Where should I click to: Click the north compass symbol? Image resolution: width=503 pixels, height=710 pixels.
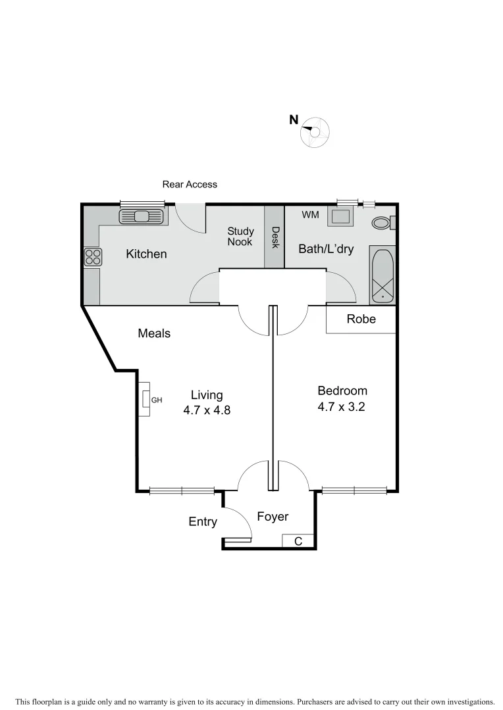coord(315,132)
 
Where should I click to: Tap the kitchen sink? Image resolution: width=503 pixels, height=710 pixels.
coord(141,216)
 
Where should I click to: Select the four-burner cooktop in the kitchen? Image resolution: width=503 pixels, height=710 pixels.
coord(93,256)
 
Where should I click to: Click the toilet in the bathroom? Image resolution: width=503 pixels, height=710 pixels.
coord(381,223)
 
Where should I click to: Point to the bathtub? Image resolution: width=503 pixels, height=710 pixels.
coord(382,275)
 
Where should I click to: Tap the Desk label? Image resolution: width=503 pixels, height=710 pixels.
coord(275,238)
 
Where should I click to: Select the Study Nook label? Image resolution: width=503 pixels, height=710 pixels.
coord(240,236)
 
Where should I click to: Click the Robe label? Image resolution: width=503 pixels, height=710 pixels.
coord(361,319)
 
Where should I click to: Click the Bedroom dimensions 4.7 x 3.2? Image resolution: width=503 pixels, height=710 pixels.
coord(341,407)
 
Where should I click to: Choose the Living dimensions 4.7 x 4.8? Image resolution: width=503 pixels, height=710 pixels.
coord(207,410)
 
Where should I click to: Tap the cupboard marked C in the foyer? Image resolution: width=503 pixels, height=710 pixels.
coord(298,541)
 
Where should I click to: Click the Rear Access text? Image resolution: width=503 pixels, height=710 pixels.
coord(190,185)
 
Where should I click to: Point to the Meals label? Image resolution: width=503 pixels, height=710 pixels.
coord(154,333)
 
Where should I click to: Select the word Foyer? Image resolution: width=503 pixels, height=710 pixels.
coord(273,517)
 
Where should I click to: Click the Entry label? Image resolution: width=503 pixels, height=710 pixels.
coord(203,521)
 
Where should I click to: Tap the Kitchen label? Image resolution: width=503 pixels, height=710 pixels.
coord(146,254)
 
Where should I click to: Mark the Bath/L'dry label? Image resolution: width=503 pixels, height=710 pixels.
coord(326,249)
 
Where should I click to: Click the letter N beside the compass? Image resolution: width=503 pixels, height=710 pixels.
coord(294,120)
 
